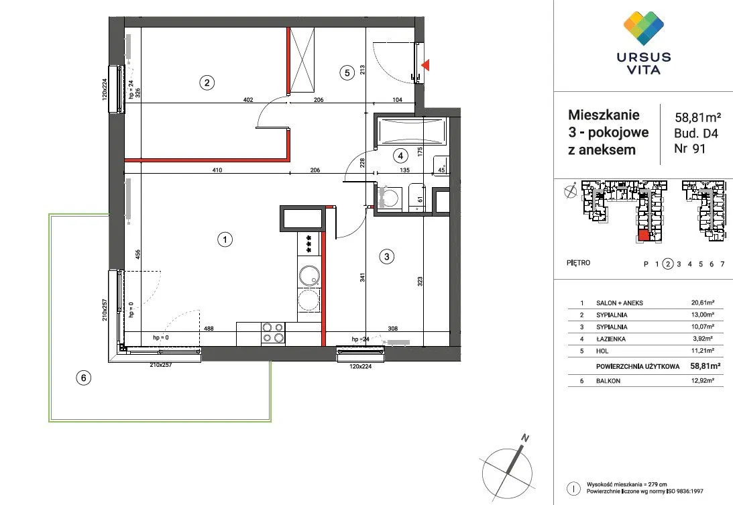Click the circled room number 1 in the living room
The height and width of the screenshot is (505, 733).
(x=225, y=240)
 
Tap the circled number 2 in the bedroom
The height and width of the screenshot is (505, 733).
(x=207, y=82)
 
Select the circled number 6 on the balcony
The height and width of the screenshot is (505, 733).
(x=83, y=378)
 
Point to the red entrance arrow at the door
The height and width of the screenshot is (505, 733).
(x=425, y=66)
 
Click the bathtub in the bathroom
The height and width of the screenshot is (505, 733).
(x=411, y=131)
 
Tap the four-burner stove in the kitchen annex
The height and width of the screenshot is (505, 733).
(x=273, y=333)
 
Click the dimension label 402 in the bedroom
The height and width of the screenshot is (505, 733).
(x=248, y=100)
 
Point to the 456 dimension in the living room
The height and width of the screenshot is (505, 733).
(x=137, y=254)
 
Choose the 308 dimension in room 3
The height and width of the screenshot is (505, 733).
(x=393, y=329)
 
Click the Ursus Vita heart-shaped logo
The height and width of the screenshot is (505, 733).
(x=644, y=27)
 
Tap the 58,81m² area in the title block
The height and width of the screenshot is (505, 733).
(x=697, y=117)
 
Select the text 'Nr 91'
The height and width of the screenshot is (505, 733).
(x=689, y=149)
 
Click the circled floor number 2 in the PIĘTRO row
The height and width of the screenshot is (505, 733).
(x=668, y=264)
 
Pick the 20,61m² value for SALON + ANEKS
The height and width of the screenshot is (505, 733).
(x=703, y=303)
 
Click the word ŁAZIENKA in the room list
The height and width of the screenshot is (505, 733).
(x=610, y=339)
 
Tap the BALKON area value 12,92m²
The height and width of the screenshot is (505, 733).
(x=703, y=381)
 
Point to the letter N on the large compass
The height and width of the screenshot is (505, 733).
(x=525, y=438)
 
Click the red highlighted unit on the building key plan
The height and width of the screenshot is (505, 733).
(x=644, y=235)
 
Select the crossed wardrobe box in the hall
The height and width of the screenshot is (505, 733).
(x=302, y=60)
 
